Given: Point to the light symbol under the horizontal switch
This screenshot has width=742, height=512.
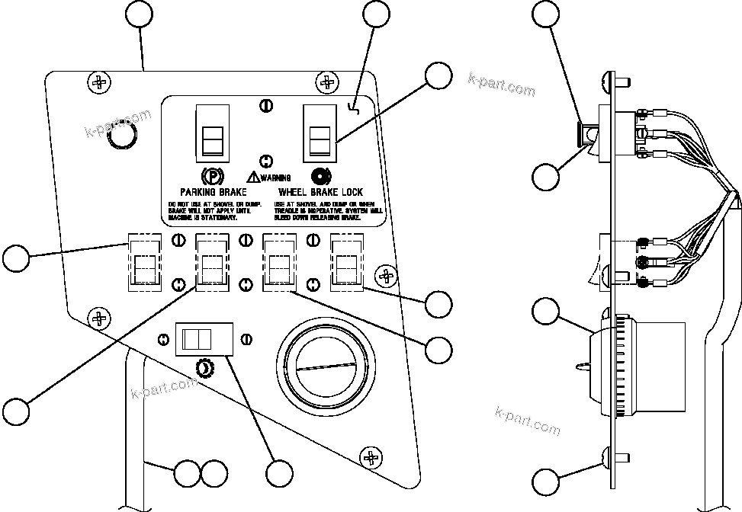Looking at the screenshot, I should click(204, 369).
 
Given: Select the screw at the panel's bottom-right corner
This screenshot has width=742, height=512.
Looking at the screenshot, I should click(372, 458).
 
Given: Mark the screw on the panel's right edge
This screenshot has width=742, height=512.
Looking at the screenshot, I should click(387, 275).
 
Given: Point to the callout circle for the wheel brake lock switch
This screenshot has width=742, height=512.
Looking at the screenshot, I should click(438, 76).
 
